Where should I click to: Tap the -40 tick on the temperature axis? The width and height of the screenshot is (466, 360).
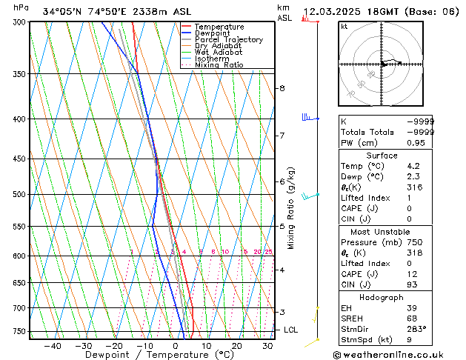[52, 346]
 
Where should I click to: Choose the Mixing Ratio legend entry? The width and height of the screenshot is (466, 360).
[219, 65]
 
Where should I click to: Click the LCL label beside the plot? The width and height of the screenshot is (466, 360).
[290, 330]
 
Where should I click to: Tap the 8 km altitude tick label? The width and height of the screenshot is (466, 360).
[282, 89]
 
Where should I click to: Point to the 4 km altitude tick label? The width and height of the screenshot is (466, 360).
[282, 270]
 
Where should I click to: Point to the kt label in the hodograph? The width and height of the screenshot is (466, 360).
[344, 27]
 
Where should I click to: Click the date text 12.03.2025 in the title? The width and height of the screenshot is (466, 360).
[335, 12]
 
